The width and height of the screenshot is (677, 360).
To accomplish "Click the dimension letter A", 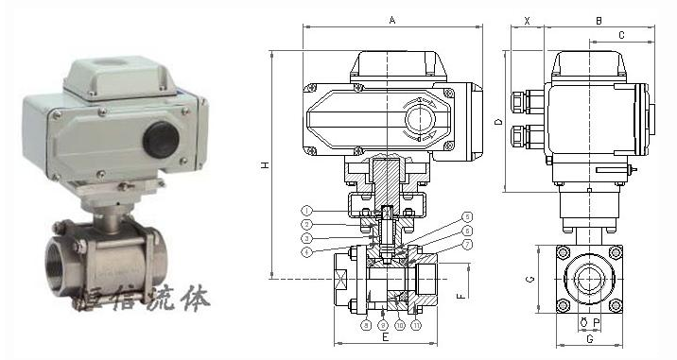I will pos(392,18).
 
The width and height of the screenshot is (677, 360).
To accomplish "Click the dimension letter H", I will pos(266,165).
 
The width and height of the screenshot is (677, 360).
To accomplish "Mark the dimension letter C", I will pos(621,35).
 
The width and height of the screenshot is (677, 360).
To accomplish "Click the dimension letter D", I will pos(498,122).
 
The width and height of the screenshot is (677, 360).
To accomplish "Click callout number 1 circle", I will pos(307,209).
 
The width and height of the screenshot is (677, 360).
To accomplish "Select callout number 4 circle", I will pos(307,250).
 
